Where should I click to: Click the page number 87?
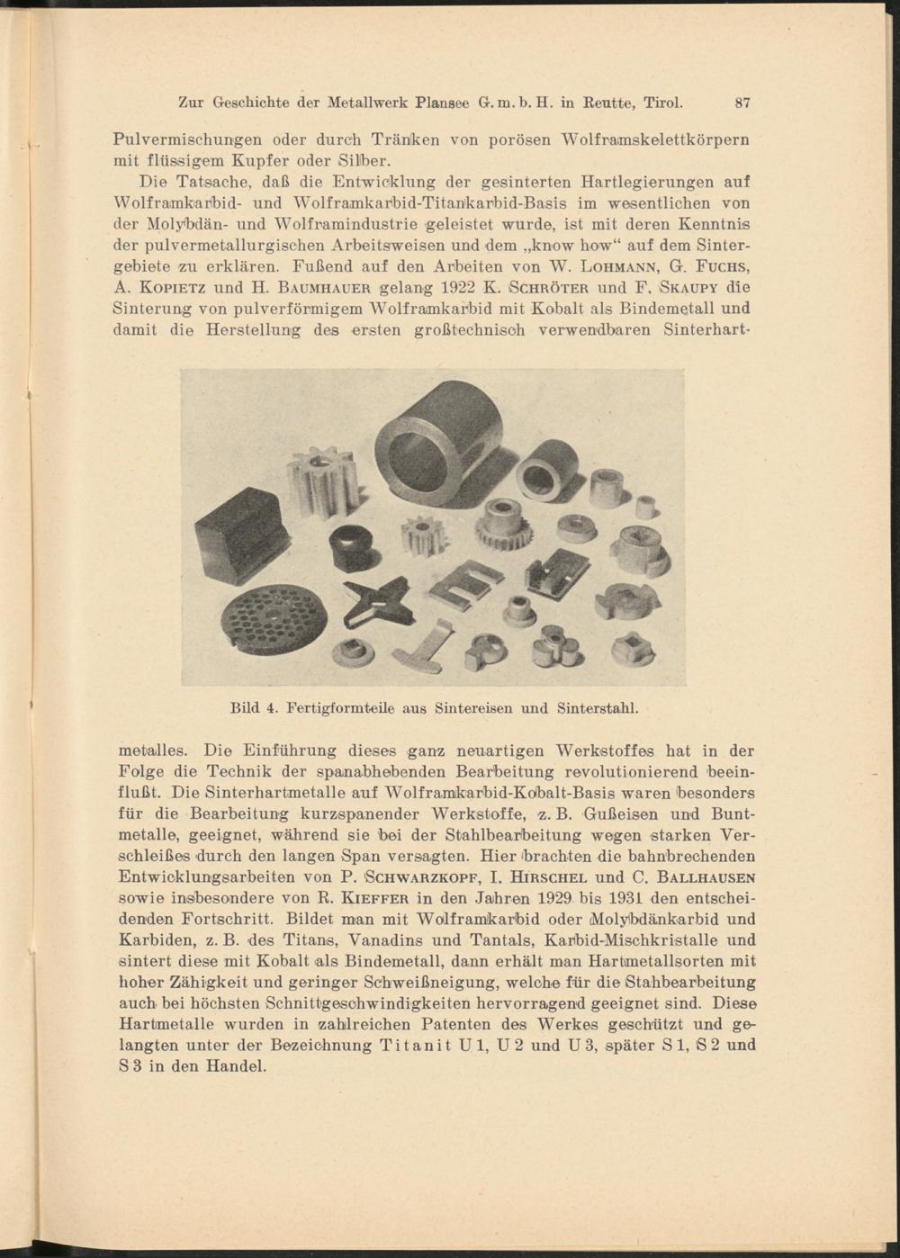(742, 103)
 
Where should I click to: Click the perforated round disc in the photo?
(274, 619)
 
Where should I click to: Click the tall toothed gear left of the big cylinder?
(322, 481)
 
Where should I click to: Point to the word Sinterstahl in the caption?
(598, 708)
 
